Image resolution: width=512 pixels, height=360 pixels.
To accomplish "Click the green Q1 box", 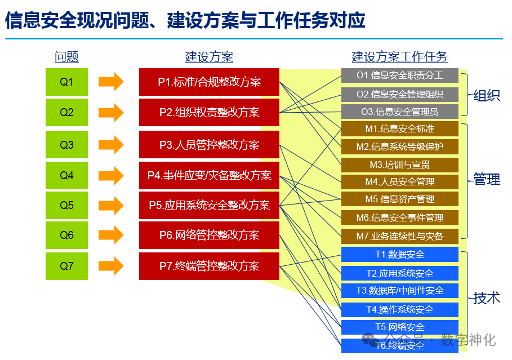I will [x=66, y=82].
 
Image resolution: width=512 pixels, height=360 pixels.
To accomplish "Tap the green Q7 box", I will [x=66, y=266].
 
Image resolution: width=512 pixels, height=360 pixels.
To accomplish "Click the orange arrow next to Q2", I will [x=111, y=112].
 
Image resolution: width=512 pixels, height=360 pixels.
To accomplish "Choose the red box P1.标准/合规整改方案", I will [x=209, y=82].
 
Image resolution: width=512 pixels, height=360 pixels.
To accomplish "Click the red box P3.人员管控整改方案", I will [x=209, y=145].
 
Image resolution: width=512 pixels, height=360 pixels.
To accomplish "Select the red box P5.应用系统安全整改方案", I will [x=209, y=206].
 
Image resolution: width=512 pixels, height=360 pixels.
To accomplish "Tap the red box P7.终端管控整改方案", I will [x=209, y=266].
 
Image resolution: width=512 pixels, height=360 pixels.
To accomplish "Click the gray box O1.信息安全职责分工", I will [x=400, y=75].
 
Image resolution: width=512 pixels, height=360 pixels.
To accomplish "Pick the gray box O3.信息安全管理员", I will [x=400, y=112].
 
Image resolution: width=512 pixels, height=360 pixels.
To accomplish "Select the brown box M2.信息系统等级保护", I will [x=400, y=147].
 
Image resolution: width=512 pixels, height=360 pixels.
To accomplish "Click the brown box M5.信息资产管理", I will [x=400, y=199].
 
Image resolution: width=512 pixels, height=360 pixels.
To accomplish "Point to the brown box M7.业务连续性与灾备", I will [x=400, y=236].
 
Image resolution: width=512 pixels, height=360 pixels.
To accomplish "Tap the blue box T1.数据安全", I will [x=400, y=255].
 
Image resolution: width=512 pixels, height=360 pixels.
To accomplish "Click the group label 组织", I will [x=487, y=95].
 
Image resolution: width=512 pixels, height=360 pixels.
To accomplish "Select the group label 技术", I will [x=487, y=298].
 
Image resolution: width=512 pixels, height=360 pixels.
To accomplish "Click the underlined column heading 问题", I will [x=66, y=57].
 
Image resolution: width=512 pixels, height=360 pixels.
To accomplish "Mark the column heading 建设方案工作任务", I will [x=400, y=57].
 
